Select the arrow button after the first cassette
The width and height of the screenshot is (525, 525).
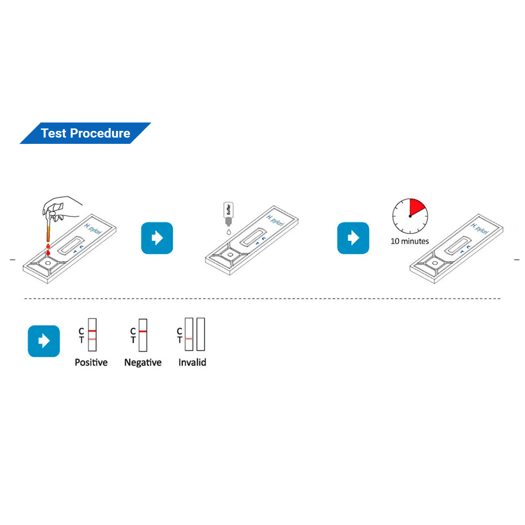pos(157,238)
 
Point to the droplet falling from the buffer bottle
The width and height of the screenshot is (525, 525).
pos(229,232)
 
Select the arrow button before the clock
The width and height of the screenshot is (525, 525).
pos(353,238)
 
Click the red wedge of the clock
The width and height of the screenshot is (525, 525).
pos(416,208)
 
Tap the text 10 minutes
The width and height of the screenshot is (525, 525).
pos(409,241)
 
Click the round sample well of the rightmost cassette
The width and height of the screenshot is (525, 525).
pos(435,263)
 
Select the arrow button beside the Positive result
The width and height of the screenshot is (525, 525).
pos(44,341)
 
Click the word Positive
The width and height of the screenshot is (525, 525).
pos(91,362)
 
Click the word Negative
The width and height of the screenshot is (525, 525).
pos(143,362)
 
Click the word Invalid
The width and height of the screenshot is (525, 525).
pos(192,362)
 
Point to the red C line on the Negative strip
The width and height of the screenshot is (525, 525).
pos(143,331)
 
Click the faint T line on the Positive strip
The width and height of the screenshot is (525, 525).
pos(92,339)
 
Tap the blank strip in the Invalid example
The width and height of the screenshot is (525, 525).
pos(201,334)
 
